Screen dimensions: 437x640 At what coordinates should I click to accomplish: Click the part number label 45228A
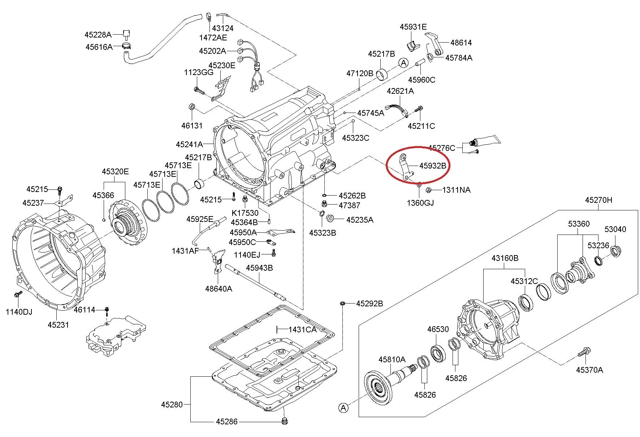point(98,35)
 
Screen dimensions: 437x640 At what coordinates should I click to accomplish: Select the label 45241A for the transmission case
point(189,144)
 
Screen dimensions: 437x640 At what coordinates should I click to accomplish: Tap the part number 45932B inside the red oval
point(433,166)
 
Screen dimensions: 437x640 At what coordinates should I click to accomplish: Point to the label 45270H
point(598,200)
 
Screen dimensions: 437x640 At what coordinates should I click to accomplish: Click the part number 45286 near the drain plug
point(227,421)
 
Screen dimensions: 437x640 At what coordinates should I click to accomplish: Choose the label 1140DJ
point(19,312)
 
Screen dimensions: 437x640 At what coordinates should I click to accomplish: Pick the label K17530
point(245,213)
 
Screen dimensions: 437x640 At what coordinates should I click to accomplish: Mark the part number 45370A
point(589,370)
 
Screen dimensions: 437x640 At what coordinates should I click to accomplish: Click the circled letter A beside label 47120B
point(403,63)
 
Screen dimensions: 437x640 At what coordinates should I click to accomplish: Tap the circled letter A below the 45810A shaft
point(343,408)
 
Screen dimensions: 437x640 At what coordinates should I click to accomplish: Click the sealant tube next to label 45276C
point(486,140)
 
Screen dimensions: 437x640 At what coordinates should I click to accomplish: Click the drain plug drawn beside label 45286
point(285,421)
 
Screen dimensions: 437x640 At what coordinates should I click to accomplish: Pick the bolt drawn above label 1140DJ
point(17,295)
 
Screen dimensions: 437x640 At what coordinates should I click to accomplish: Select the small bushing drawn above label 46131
point(192,107)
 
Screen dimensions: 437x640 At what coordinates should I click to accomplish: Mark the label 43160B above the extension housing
point(505,258)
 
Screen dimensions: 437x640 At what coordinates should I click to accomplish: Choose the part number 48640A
point(219,289)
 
